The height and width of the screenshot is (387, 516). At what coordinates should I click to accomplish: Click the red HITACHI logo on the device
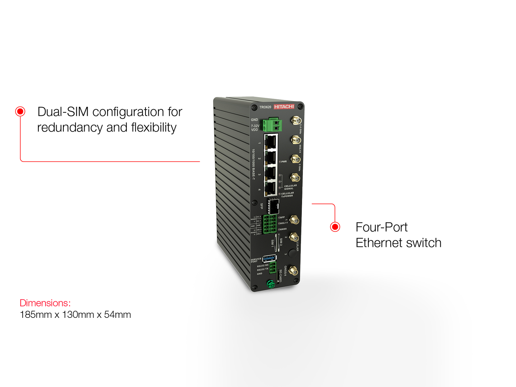tap(284, 106)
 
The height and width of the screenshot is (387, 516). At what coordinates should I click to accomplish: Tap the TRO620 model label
tap(265, 107)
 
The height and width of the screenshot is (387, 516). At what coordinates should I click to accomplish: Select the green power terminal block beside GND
tap(272, 125)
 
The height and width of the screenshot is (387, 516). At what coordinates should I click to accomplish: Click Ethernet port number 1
tap(271, 142)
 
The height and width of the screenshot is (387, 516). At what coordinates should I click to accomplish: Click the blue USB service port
tap(269, 258)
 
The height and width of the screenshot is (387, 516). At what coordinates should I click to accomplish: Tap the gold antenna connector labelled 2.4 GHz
tap(296, 120)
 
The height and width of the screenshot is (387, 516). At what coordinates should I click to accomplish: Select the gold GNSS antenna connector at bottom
tap(293, 271)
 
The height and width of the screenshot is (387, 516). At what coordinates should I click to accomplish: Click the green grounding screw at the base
tap(271, 285)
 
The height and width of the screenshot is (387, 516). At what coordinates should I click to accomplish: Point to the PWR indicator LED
tap(280, 162)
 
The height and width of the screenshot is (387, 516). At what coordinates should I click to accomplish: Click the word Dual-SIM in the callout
tap(63, 112)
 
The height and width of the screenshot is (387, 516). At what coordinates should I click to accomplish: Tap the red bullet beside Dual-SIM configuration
tap(20, 111)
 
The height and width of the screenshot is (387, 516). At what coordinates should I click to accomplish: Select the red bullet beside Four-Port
tap(335, 227)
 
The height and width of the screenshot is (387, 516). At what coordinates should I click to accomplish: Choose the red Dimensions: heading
tap(45, 303)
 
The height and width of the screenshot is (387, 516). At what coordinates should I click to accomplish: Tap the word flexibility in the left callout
tap(154, 128)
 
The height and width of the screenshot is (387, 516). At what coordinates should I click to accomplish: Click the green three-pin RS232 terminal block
tap(273, 267)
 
